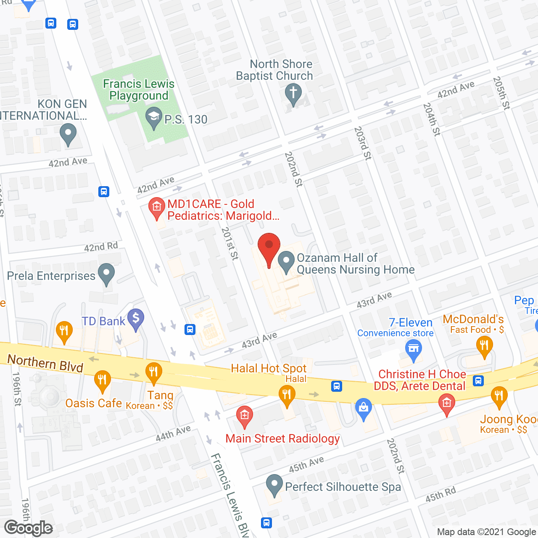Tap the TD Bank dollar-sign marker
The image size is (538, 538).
(x=136, y=319)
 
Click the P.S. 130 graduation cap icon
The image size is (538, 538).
(x=153, y=118)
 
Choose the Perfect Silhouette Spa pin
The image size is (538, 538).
(x=274, y=485)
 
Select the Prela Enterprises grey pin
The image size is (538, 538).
(x=106, y=274)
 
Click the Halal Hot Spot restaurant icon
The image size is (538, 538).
(x=287, y=396)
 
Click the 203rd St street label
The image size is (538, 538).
(x=362, y=143)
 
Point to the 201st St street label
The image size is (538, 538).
(x=229, y=243)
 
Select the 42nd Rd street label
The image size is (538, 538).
(x=101, y=246)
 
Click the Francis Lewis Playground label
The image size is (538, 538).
(x=139, y=90)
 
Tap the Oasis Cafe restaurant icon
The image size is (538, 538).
(x=102, y=380)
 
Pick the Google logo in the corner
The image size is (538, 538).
(x=29, y=528)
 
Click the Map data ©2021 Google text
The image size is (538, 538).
(x=487, y=532)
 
